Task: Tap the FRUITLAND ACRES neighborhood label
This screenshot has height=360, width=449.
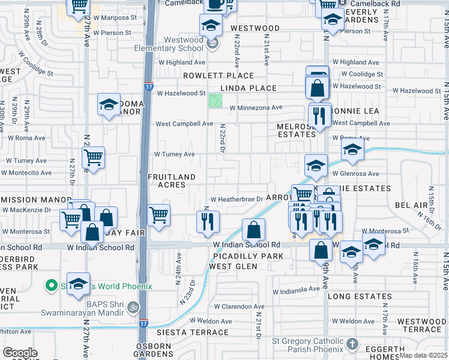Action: point(172,181)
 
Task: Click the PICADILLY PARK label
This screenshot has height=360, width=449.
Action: point(247,256)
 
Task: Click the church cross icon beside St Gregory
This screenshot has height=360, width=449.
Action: point(352,344)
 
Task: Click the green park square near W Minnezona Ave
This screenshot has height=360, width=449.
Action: point(215,101)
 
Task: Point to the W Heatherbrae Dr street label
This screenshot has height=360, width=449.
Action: point(237,199)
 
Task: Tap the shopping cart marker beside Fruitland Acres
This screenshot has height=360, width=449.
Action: point(158,215)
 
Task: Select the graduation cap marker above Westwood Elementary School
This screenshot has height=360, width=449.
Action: point(211,25)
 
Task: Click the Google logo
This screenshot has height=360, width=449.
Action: point(20,353)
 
